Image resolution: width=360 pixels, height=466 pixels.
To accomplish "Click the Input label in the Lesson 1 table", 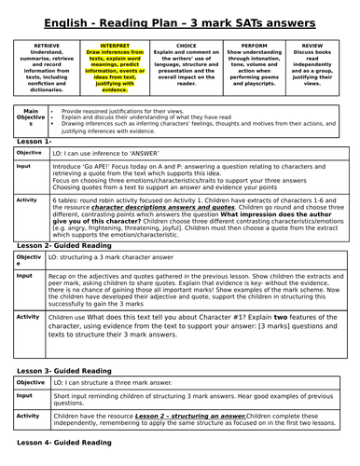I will [x=23, y=166].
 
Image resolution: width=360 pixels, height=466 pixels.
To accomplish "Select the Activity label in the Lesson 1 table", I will [x=27, y=199].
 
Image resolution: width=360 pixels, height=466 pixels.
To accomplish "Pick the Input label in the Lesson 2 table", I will [x=23, y=276].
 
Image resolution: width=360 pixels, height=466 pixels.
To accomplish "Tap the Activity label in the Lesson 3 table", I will [x=27, y=417].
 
